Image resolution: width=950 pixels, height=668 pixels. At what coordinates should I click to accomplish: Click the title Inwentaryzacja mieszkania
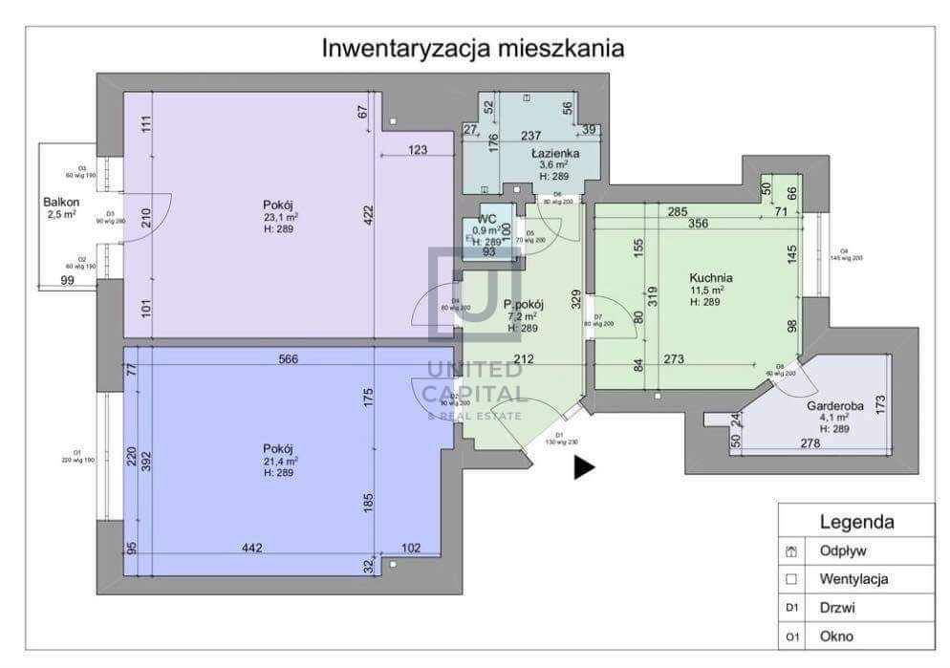tap(473, 47)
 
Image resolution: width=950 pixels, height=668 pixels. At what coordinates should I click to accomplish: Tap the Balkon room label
tap(59, 202)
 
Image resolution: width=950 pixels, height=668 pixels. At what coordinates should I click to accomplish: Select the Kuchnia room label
tap(712, 277)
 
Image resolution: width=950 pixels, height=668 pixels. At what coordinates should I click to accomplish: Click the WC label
tap(486, 219)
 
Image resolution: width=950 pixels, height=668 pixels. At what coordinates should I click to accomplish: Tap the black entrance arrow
tap(584, 466)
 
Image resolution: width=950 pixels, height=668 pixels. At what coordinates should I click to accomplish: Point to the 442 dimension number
tap(251, 548)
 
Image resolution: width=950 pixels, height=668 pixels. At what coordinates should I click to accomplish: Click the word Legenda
tap(856, 522)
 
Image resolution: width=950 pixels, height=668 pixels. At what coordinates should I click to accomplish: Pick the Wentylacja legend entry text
tap(854, 578)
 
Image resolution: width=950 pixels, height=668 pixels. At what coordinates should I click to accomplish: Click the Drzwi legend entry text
tap(835, 607)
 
